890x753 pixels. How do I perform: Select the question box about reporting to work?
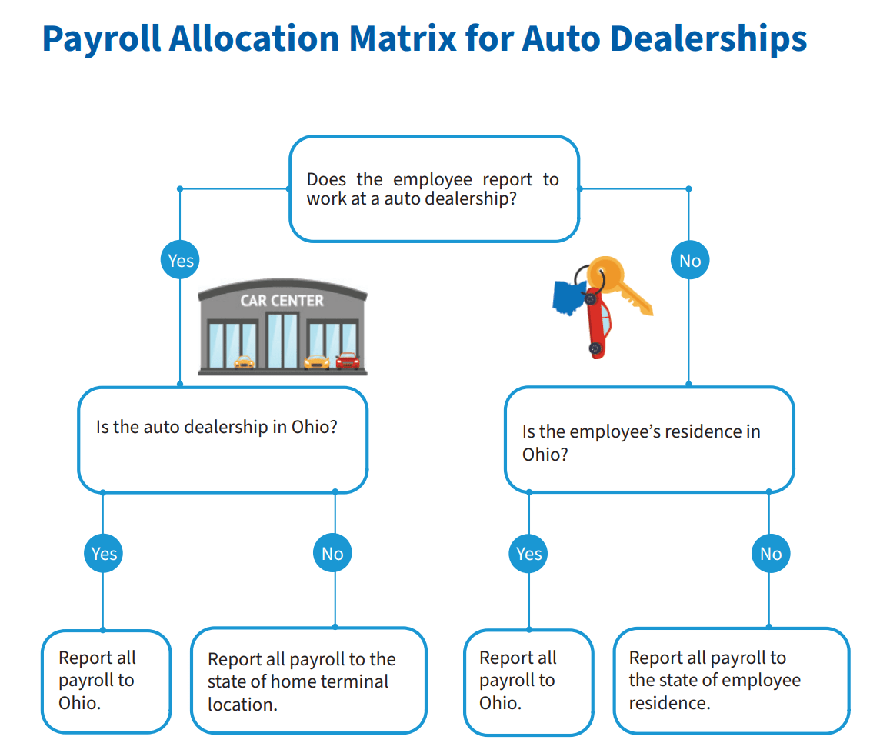(x=433, y=188)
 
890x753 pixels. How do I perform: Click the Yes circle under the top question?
(x=181, y=261)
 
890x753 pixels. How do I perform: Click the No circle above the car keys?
(x=690, y=261)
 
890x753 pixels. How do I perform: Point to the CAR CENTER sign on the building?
(x=282, y=300)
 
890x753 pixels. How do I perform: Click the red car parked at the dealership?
(x=347, y=360)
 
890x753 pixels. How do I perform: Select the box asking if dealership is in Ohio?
(x=222, y=439)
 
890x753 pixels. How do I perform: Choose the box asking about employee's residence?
(x=648, y=439)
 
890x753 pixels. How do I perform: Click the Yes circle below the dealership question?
(x=104, y=554)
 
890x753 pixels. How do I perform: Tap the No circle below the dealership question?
(x=332, y=554)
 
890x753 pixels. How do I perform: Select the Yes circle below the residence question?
(x=529, y=554)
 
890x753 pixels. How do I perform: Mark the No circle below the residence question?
(x=771, y=554)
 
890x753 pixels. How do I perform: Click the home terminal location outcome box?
(x=308, y=681)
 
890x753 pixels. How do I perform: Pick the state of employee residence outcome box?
(x=731, y=681)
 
